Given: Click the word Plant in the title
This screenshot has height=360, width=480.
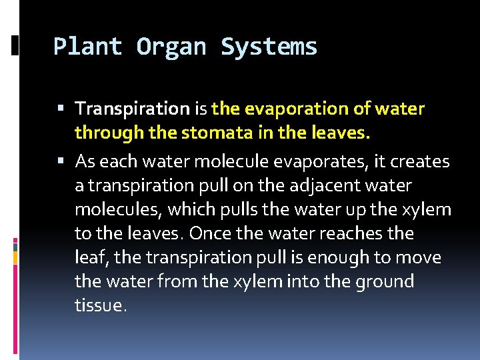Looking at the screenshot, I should coord(87,47).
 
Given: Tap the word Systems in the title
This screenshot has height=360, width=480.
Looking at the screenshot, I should coord(269,47).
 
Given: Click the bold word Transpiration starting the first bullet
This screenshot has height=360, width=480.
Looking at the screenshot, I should coord(133,109).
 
